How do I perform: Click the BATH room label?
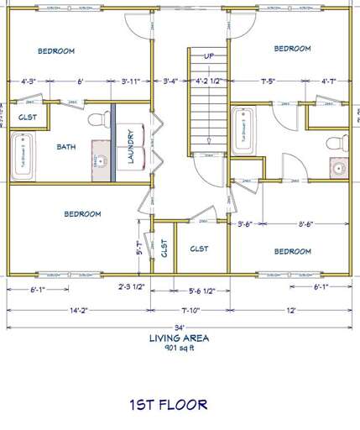point(66,147)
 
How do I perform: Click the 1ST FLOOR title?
point(168,404)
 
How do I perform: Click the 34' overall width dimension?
point(179,328)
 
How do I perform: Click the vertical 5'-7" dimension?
point(140,248)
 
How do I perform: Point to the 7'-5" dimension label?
point(270,81)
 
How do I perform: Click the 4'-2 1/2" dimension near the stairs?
point(208,81)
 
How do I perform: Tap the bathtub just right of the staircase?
point(244,130)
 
